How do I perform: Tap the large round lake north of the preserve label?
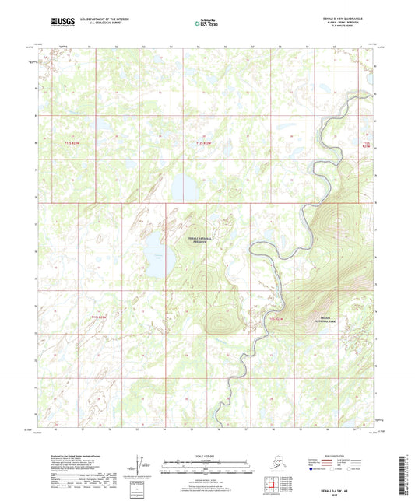(x=185, y=187)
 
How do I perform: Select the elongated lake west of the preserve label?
(x=154, y=251)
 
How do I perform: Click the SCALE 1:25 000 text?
(x=207, y=454)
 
